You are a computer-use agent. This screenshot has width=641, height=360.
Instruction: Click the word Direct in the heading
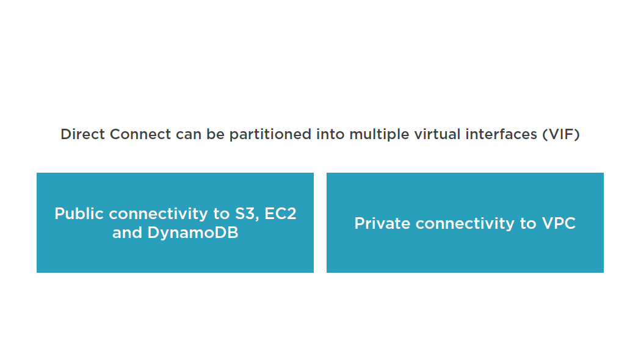coord(83,134)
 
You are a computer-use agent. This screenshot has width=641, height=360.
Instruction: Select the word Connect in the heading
coord(140,134)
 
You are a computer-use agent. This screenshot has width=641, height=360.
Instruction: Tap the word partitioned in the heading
coord(270,135)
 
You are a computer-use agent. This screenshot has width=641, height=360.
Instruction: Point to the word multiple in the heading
coord(379,135)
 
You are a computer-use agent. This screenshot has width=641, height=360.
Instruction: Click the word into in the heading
coord(330,134)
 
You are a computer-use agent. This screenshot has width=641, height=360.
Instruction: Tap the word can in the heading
coord(189,135)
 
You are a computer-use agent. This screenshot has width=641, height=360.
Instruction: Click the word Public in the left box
coord(79,214)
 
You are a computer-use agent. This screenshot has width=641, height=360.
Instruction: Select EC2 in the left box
coord(280,214)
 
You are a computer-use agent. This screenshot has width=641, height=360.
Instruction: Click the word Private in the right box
coord(382,223)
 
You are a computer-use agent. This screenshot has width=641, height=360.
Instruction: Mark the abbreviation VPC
coord(559,223)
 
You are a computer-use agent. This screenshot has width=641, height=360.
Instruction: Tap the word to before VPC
coord(528,224)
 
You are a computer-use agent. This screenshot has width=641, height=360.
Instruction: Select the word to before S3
coord(222,214)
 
